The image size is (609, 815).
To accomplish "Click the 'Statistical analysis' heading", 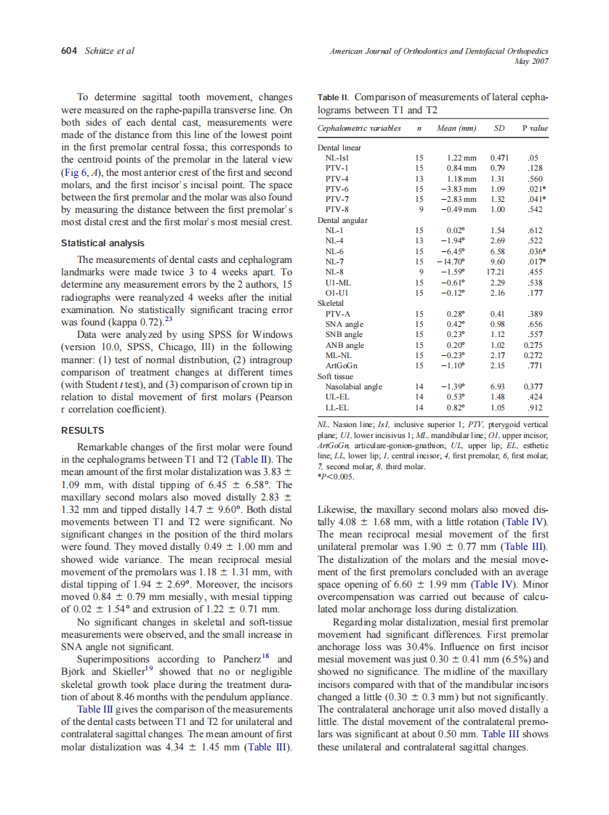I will point(102,243).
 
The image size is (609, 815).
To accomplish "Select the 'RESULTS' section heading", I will point(83,430).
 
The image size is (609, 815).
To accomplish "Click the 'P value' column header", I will point(534,129).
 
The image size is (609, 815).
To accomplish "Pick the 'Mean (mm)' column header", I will point(456,129).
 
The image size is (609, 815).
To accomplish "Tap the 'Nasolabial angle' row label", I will point(353,386).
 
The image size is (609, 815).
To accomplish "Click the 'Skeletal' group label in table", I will point(331,303).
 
